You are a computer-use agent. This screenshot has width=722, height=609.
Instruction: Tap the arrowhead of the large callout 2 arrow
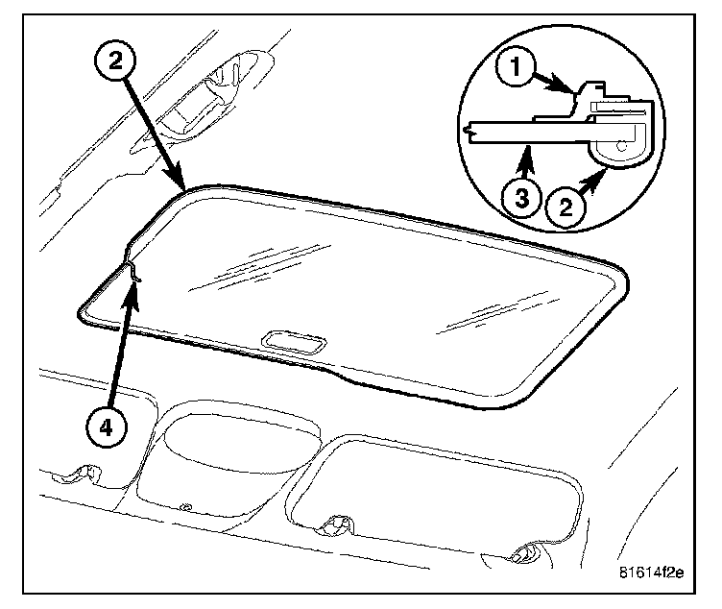coord(183,186)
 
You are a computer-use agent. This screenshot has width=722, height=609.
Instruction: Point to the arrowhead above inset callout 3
coord(526,150)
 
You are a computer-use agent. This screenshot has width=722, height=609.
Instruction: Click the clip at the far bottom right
coord(526,553)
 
